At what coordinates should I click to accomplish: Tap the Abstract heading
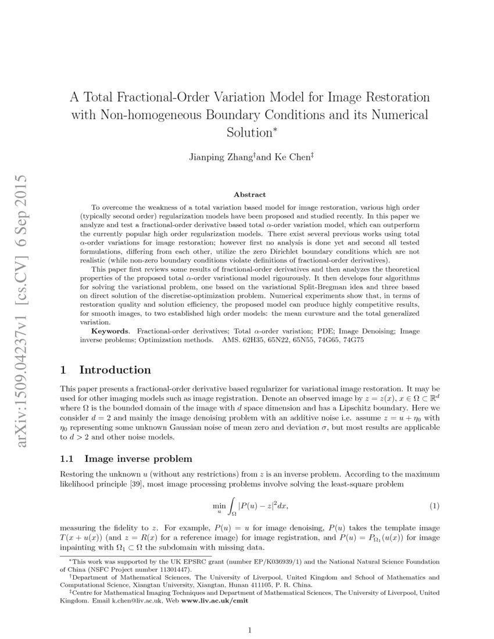coord(249,195)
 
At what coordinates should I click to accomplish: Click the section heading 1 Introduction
coord(106,370)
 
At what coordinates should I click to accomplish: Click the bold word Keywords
coord(110,331)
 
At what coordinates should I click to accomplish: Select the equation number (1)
coord(434,506)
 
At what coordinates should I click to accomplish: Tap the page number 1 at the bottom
coord(249,630)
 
